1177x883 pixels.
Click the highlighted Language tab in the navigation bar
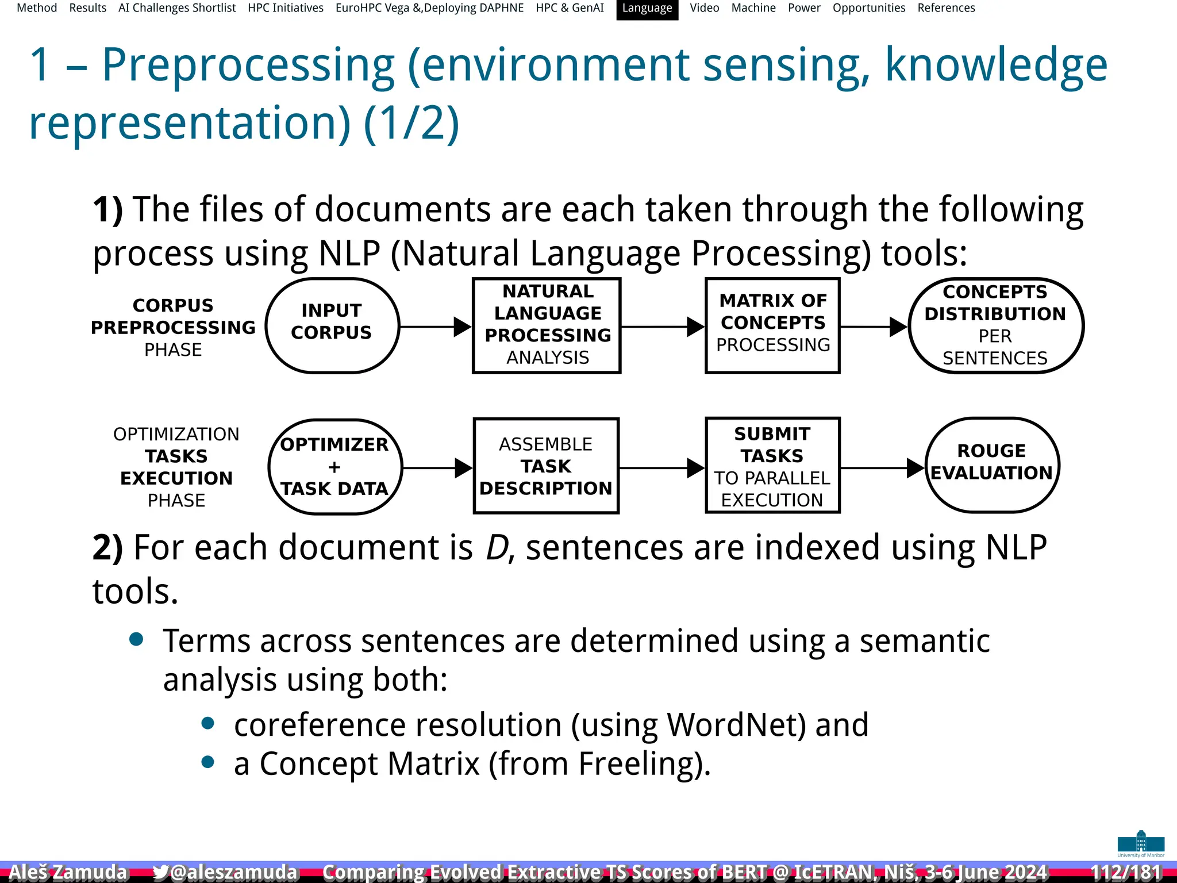(647, 9)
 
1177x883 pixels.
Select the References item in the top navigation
(946, 8)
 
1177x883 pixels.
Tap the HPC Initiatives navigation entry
(286, 8)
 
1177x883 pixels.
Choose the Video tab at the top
(704, 8)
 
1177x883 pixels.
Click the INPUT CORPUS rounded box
(332, 325)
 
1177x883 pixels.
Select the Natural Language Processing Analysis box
(547, 325)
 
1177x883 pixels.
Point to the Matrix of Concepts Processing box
(772, 325)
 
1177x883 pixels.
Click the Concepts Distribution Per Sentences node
(995, 325)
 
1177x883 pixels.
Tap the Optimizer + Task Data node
(334, 466)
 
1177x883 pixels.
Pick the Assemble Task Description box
(546, 466)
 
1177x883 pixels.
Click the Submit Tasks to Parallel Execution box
(772, 466)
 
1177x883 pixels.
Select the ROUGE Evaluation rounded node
(992, 465)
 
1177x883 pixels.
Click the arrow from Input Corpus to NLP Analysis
(436, 327)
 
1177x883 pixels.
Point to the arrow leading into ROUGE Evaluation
(883, 468)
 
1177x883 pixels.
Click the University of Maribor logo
(1141, 843)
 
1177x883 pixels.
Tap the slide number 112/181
(1126, 872)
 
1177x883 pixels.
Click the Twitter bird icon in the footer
(160, 872)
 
